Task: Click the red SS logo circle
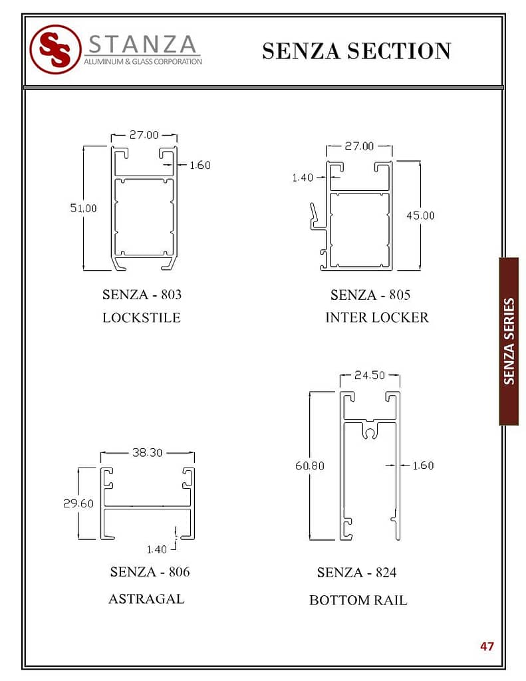click(x=55, y=49)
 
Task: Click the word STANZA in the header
click(x=142, y=45)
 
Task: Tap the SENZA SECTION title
click(x=356, y=51)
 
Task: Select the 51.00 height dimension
click(x=83, y=208)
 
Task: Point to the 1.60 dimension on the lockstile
click(x=199, y=166)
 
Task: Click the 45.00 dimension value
click(x=420, y=215)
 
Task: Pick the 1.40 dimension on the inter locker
click(x=303, y=178)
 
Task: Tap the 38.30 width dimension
click(x=147, y=452)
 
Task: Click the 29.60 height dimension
click(x=78, y=503)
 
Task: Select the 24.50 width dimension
click(x=370, y=375)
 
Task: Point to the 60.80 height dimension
click(x=310, y=466)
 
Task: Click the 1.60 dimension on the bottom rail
click(x=423, y=466)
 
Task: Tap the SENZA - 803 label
click(x=142, y=295)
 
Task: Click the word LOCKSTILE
click(x=142, y=317)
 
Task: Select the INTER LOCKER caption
click(x=377, y=317)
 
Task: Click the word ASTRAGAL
click(x=146, y=599)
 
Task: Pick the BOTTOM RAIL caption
click(x=358, y=601)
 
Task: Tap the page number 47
click(x=487, y=646)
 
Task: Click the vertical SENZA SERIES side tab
click(x=509, y=341)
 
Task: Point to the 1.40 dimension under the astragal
click(x=156, y=550)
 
